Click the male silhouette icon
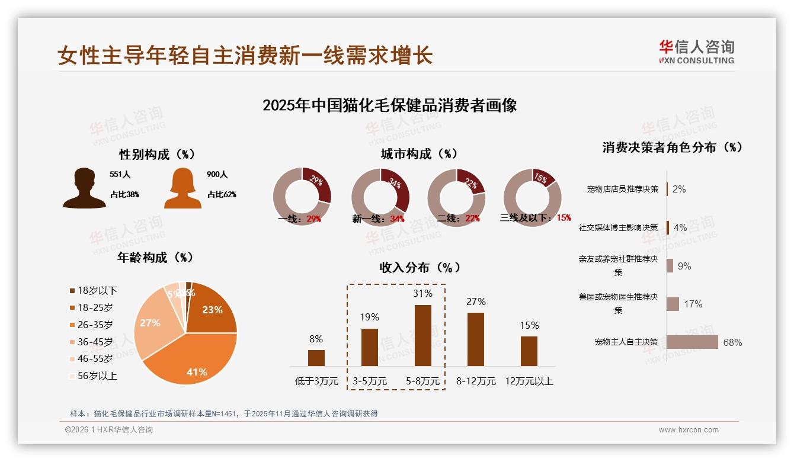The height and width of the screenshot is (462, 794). [x=84, y=188]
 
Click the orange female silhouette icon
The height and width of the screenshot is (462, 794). [x=183, y=188]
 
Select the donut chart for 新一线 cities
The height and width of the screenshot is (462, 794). [x=380, y=197]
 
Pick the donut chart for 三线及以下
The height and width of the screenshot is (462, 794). [x=532, y=197]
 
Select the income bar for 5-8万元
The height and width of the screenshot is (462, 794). [x=422, y=335]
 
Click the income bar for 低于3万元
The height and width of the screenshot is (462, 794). [x=316, y=358]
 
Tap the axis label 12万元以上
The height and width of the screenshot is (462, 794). [x=529, y=381]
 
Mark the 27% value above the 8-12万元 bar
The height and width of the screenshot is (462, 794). [x=475, y=302]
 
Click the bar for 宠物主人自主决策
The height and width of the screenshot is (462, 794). [x=692, y=342]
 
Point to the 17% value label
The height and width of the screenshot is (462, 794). [x=693, y=304]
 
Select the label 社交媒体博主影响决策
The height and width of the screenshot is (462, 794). [x=618, y=227]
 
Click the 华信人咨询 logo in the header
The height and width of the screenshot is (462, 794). [x=696, y=52]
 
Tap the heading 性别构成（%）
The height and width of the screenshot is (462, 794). [x=157, y=155]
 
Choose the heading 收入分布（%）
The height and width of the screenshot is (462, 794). [x=420, y=267]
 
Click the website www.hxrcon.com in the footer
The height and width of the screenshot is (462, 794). [x=689, y=430]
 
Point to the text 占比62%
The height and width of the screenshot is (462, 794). [x=221, y=194]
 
